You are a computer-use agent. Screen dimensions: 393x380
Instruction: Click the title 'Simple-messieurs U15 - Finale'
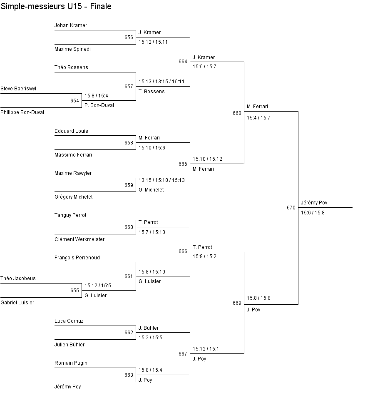pos(56,6)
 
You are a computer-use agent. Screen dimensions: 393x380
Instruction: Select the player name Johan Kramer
pos(71,25)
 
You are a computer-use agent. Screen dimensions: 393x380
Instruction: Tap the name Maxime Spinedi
pos(72,49)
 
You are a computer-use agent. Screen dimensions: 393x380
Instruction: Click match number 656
pos(129,37)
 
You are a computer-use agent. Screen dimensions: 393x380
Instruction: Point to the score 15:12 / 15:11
pos(153,42)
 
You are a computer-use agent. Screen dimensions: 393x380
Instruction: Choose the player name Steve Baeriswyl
pos(18,89)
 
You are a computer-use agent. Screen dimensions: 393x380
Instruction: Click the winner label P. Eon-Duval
pos(99,105)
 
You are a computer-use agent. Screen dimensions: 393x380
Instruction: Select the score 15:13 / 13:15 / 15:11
pos(161,82)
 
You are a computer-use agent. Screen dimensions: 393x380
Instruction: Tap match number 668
pos(237,113)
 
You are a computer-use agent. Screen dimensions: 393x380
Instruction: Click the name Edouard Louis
pos(71,131)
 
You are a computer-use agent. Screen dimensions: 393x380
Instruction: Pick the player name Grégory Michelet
pos(74,197)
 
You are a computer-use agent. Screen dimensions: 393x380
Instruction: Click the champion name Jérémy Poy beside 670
pos(314,203)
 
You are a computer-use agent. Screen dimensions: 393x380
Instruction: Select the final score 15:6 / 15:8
pos(313,213)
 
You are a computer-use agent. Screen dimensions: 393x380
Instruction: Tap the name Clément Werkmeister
pos(79,239)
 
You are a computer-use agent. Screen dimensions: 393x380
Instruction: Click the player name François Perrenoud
pos(77,258)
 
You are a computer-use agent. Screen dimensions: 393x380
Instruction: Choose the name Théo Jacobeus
pos(18,279)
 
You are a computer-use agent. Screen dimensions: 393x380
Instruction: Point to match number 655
pos(75,291)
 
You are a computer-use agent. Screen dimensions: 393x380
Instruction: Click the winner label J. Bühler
pos(149,328)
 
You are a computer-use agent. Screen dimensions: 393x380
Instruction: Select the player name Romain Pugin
pos(71,363)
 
